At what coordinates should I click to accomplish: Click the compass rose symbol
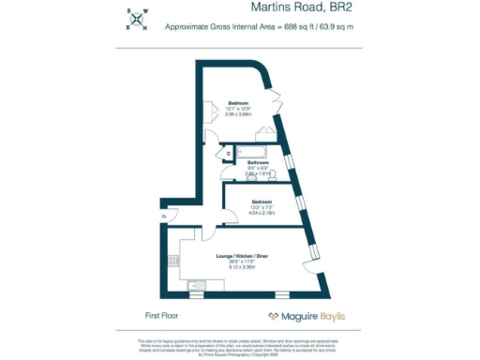pyautogui.click(x=139, y=19)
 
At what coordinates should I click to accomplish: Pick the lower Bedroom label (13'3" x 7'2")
pyautogui.click(x=262, y=202)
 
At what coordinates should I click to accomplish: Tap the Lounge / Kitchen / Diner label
pyautogui.click(x=242, y=255)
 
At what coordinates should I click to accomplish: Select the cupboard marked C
pyautogui.click(x=229, y=152)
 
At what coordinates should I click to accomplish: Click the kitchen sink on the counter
pyautogui.click(x=197, y=285)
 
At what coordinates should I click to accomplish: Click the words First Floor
pyautogui.click(x=162, y=316)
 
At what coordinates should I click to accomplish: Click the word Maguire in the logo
pyautogui.click(x=298, y=316)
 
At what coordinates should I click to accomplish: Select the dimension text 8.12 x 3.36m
pyautogui.click(x=242, y=267)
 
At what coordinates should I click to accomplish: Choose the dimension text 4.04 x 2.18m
pyautogui.click(x=262, y=213)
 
